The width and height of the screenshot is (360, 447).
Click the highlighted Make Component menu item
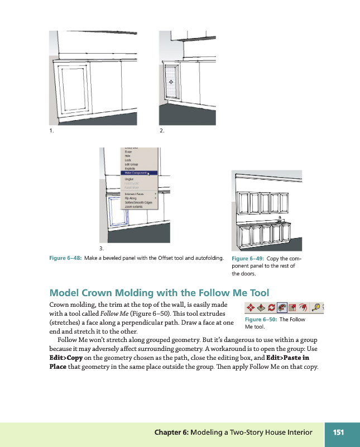pos(133,173)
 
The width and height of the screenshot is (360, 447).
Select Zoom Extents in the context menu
pos(133,207)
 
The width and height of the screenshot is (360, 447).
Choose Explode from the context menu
pos(129,169)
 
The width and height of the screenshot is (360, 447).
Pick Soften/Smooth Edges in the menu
pos(137,202)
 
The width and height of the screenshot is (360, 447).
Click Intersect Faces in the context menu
pos(136,193)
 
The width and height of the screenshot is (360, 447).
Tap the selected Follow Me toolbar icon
pos(282,308)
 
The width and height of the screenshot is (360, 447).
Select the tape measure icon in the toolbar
pos(315,308)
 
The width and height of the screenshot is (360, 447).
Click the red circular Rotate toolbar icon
pos(272,308)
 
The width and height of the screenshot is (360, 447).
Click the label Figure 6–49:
pos(248,259)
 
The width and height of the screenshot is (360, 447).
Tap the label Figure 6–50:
pos(261,320)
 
